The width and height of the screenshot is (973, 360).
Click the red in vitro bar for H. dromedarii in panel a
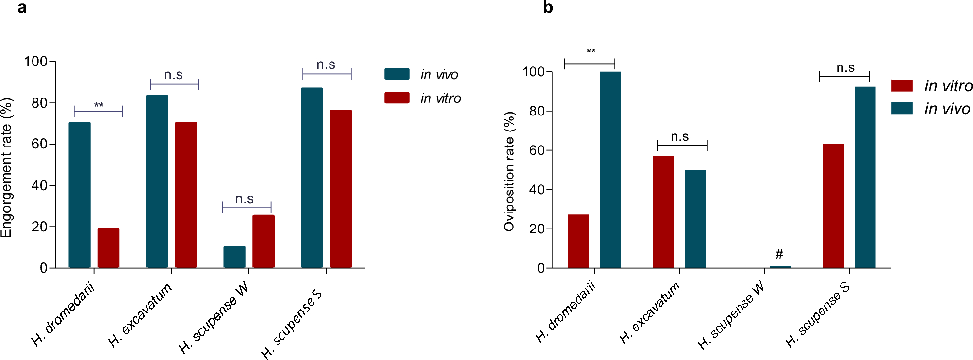point(108,248)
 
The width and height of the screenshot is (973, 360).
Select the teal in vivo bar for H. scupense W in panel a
point(234,257)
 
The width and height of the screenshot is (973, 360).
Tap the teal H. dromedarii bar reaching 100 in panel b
point(610,170)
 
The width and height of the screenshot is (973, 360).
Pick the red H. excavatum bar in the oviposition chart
point(663,212)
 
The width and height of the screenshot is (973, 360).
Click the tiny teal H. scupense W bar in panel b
point(780,267)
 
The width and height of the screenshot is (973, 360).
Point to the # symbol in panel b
point(779,254)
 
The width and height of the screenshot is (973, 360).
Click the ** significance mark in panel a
point(99,105)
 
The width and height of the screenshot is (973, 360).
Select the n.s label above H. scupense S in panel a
point(326,65)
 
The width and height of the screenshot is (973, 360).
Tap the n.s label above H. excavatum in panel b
point(680,137)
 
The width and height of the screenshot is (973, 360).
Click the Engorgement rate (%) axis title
point(6,167)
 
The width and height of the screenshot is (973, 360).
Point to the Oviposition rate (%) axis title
point(509,171)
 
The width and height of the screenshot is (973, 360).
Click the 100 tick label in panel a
point(36,62)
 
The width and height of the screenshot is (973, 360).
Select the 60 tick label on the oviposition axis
point(536,150)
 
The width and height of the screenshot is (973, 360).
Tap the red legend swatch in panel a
point(396,98)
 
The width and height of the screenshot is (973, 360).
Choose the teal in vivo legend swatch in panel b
point(902,108)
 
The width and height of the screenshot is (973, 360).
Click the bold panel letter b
point(548,8)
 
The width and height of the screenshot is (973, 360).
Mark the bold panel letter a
point(22,8)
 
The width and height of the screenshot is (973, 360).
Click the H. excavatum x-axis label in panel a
point(140,316)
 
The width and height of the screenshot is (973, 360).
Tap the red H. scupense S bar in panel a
point(341,189)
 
